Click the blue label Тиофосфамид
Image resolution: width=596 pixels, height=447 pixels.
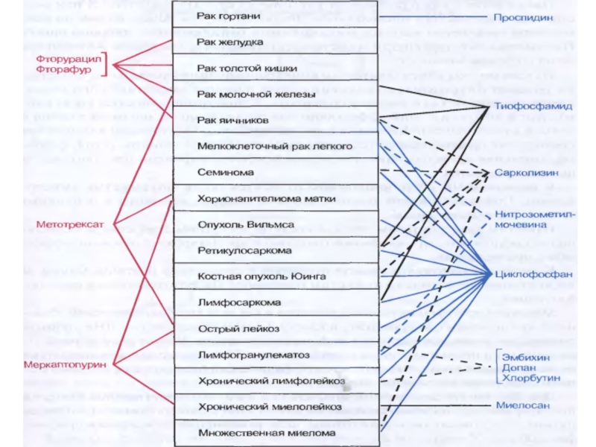pos(533,107)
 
